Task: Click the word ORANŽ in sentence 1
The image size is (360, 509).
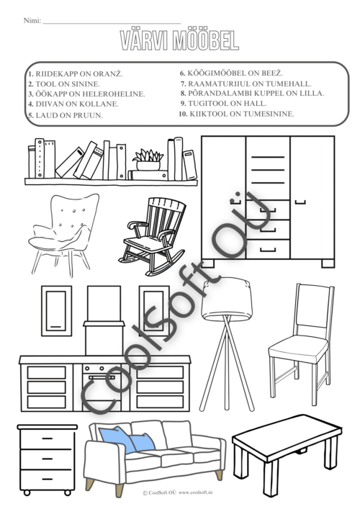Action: [x=108, y=74]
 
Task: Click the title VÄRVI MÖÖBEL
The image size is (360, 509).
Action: [x=179, y=40]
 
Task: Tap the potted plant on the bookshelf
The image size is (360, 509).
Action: [x=148, y=160]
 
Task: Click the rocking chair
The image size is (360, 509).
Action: [x=152, y=237]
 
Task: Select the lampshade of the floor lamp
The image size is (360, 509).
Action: [x=227, y=298]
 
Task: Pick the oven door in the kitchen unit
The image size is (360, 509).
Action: [x=102, y=390]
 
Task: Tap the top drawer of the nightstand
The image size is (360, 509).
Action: [x=48, y=439]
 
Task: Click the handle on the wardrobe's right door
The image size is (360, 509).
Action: [x=300, y=202]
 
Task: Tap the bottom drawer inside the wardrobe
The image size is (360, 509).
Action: [x=268, y=249]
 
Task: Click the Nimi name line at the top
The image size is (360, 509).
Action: [x=112, y=23]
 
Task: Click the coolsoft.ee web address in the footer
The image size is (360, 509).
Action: [x=195, y=492]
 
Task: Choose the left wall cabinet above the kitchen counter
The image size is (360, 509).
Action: [x=56, y=311]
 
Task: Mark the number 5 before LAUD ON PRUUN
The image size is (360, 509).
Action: [x=30, y=115]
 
